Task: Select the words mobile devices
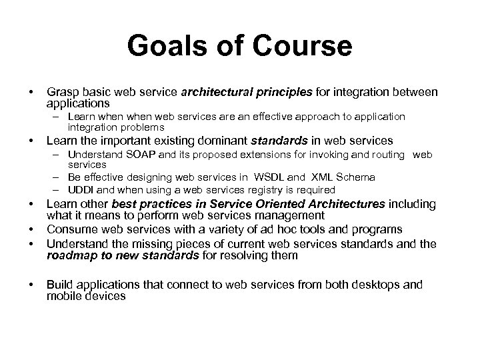86,296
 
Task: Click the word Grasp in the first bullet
62,91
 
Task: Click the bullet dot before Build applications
22,284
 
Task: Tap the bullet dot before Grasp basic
22,91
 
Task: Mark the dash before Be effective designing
58,177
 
